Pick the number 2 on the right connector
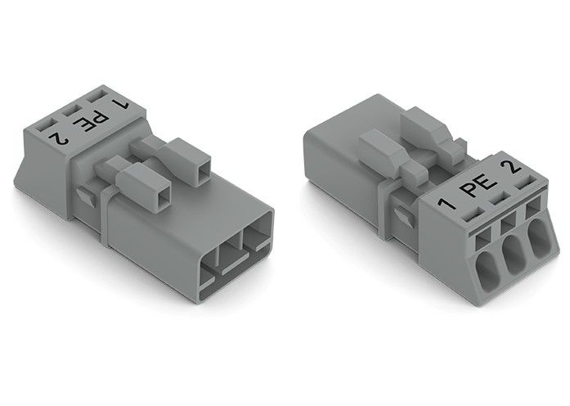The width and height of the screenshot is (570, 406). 513,169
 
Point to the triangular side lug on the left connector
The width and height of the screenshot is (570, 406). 85,196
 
